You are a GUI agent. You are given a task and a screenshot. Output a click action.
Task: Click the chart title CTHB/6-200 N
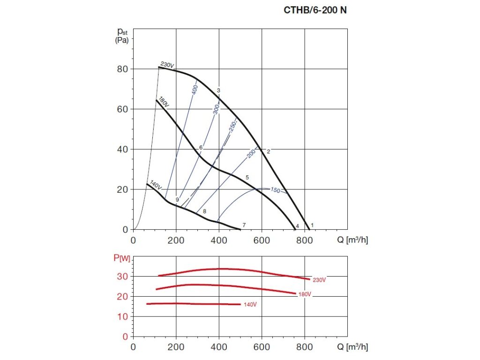(315, 9)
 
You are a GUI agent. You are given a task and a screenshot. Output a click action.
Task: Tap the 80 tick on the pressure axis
(123, 69)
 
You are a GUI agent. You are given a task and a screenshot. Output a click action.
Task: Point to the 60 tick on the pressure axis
(123, 109)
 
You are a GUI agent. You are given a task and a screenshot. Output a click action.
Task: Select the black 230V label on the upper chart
(167, 65)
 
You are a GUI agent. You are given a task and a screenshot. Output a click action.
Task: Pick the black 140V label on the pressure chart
(156, 185)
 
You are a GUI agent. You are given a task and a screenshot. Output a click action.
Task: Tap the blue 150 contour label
(275, 190)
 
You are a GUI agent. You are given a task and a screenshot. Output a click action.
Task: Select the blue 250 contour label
(232, 127)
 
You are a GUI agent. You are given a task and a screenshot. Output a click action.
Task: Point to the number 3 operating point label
(218, 90)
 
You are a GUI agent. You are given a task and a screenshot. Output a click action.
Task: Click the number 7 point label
(244, 225)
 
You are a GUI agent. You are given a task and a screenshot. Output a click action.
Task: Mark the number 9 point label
(177, 200)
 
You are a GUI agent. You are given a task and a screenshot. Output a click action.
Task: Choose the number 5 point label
(247, 177)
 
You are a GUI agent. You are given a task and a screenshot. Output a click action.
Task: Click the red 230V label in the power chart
(319, 280)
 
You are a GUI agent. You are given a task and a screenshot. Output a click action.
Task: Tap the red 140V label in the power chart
(250, 305)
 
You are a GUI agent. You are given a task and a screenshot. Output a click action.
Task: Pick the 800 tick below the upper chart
(305, 241)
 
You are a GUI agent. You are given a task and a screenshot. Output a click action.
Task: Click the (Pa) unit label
(121, 41)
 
